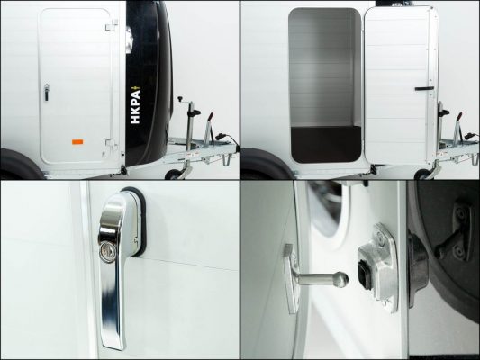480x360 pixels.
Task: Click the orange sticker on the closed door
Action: pos(77,141)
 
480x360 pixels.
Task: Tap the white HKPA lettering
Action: pos(135,107)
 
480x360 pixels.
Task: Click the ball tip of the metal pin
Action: pos(341,280)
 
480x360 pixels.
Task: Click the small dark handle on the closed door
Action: pos(46,93)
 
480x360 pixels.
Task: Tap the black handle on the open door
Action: pos(424,89)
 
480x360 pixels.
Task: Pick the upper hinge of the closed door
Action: pos(112,24)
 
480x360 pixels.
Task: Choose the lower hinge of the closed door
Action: pos(111,144)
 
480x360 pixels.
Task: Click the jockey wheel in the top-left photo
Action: pos(174,175)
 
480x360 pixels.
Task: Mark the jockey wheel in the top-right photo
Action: pos(423,175)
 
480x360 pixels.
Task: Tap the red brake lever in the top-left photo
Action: pos(211,117)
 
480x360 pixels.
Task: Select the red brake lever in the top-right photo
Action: pos(459,117)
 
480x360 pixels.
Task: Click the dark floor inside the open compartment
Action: pos(326,144)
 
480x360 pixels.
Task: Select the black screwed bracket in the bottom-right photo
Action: pos(455,234)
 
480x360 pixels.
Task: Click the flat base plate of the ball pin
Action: pos(290,279)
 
